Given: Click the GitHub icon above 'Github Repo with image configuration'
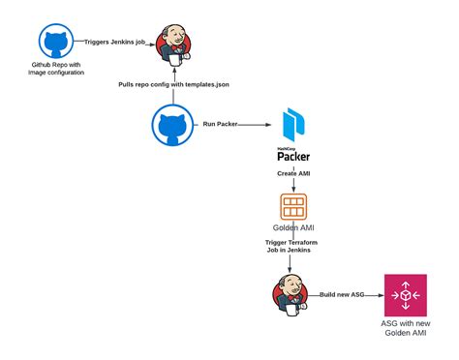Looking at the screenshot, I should coord(54,42).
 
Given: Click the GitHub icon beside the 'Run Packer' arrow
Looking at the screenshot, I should coord(170,125).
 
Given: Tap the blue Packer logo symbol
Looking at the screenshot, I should coord(292,125).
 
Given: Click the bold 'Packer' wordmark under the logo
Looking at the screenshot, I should coord(292,157).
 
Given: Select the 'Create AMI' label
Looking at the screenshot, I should coord(292,175).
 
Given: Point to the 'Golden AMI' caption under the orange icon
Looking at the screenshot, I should coord(292,228).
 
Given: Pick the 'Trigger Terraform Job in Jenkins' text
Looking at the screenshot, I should coord(292,248).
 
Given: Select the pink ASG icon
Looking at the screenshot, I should coord(406,294).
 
